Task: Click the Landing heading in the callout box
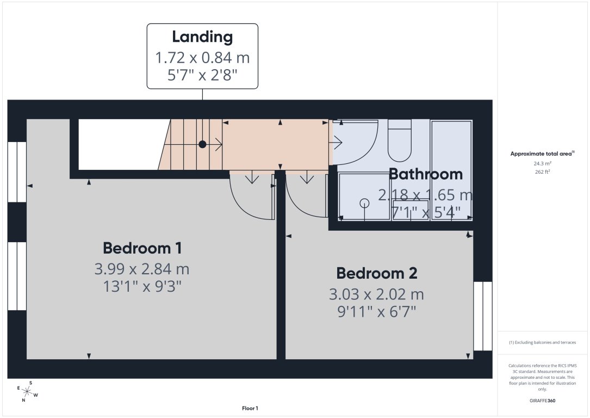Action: click(202, 37)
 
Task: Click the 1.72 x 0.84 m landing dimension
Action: click(202, 57)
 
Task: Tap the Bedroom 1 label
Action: click(142, 248)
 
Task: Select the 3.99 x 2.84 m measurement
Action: click(142, 269)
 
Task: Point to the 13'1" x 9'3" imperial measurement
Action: click(142, 286)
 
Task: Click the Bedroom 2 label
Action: click(376, 273)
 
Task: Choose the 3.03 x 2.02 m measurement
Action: click(376, 294)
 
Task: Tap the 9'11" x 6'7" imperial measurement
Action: click(376, 312)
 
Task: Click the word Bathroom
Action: click(426, 174)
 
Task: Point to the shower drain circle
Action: click(364, 203)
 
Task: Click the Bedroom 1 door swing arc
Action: click(250, 199)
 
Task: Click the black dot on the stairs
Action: click(202, 144)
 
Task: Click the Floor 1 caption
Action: click(250, 408)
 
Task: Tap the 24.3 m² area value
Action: click(541, 163)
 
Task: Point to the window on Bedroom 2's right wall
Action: click(482, 316)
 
